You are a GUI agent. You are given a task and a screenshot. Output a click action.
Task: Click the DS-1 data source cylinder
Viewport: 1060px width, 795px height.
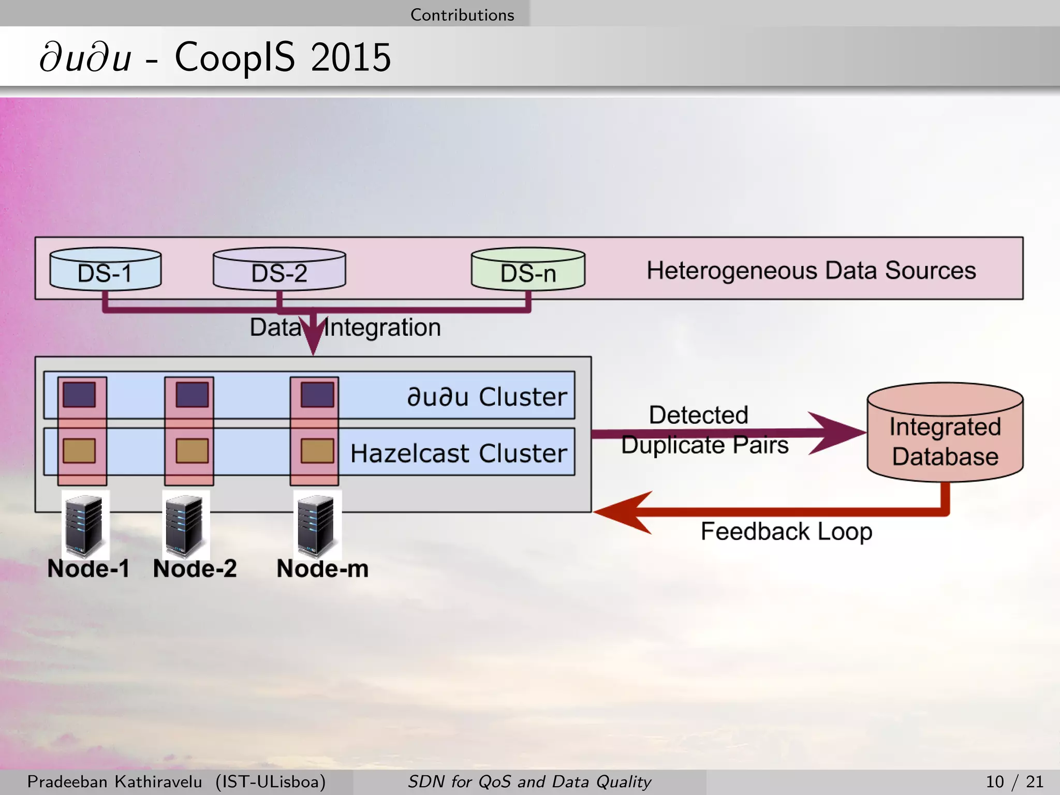(105, 270)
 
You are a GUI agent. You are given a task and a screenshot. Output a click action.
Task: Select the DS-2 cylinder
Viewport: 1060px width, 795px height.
(279, 270)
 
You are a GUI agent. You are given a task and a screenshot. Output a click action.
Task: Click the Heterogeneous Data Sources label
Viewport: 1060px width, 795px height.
(811, 270)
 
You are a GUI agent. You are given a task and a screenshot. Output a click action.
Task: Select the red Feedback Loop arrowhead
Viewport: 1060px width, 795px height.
(624, 512)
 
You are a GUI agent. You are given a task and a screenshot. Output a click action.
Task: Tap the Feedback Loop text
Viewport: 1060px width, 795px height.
(786, 532)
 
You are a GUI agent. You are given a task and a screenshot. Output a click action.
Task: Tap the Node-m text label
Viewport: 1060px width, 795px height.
(322, 569)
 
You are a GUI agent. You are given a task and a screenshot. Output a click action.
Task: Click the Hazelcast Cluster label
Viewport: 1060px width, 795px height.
(459, 453)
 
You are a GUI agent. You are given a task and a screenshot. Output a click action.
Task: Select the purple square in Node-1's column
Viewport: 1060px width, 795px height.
(79, 395)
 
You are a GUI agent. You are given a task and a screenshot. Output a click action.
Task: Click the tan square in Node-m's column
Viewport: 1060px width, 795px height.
(317, 451)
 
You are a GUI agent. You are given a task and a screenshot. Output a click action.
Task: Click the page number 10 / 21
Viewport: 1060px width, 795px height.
(1014, 782)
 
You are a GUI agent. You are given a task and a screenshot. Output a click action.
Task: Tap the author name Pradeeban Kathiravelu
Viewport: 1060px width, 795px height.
(114, 782)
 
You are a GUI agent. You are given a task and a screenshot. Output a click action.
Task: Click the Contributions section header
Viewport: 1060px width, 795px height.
(462, 14)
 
